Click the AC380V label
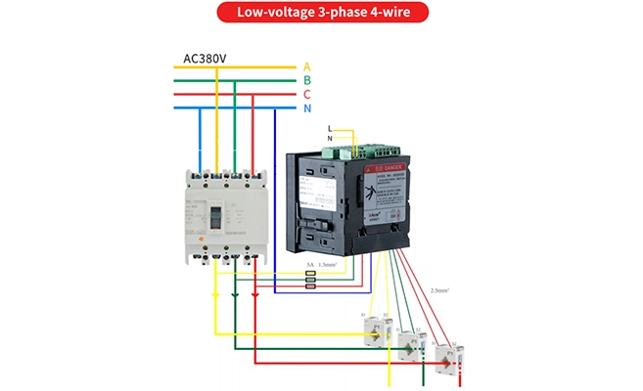coord(205,59)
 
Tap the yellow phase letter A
coord(306,66)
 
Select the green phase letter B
coord(306,80)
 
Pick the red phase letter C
coord(306,94)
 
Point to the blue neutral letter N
coord(306,108)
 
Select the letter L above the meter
coord(330,129)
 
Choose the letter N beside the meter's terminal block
coord(330,139)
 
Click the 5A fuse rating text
coord(309,265)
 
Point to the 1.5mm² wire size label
coord(328,265)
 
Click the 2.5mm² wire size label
coord(439,290)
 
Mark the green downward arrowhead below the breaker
coord(235,291)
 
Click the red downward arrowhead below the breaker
coord(254,291)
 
